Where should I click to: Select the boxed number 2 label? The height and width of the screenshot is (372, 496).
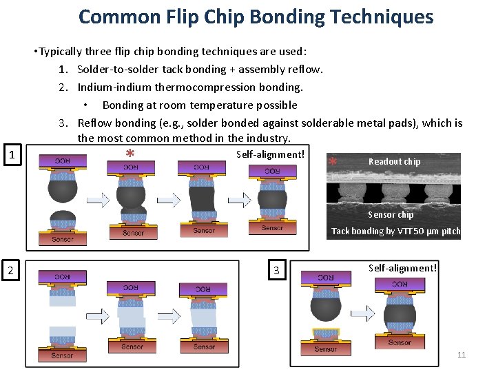(x=10, y=270)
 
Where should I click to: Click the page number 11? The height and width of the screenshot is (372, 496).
(x=462, y=355)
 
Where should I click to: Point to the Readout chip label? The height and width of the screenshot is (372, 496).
(x=394, y=162)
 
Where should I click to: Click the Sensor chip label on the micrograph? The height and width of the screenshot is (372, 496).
(x=391, y=215)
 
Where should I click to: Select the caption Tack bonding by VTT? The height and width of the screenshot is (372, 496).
(x=395, y=231)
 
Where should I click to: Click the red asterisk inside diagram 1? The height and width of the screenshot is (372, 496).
(x=130, y=154)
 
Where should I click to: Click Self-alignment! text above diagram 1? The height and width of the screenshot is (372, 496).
(x=270, y=154)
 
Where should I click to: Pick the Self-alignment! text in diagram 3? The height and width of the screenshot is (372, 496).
(x=402, y=267)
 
